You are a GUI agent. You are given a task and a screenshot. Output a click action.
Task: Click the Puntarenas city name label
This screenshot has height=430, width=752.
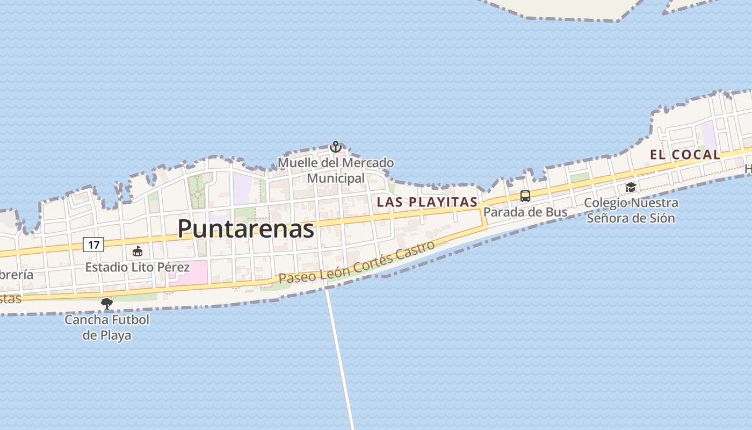[x=245, y=228]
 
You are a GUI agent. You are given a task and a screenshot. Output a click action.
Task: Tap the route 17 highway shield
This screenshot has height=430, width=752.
[x=93, y=245]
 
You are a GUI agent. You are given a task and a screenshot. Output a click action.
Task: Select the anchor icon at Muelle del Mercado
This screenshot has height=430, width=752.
[x=336, y=147]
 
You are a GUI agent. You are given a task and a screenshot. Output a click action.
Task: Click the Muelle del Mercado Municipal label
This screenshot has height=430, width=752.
[x=336, y=170]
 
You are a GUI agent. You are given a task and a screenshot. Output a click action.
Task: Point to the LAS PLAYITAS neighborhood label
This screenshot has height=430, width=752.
[x=427, y=202]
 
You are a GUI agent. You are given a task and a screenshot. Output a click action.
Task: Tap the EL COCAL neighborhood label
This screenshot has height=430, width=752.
[x=685, y=155]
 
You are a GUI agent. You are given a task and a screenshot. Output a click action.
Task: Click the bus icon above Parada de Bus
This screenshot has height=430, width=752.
[x=525, y=196]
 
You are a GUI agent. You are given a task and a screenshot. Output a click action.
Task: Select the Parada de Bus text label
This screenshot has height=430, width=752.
[x=525, y=212]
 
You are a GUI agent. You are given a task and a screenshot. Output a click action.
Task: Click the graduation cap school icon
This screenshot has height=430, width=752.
[x=631, y=187]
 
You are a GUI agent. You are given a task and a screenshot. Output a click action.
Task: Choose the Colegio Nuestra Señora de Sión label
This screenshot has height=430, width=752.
[x=631, y=210]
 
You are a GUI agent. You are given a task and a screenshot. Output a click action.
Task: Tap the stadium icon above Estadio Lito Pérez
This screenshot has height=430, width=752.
[x=138, y=251]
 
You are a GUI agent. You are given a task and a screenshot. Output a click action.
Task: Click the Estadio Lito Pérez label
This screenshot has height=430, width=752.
[x=138, y=267]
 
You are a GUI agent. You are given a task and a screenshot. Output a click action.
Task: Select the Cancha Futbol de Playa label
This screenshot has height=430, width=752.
[x=107, y=327]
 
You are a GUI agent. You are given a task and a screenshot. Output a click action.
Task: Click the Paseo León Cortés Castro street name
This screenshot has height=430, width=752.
[x=357, y=263]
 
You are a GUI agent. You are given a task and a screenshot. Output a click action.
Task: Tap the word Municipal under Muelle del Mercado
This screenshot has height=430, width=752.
[x=336, y=178]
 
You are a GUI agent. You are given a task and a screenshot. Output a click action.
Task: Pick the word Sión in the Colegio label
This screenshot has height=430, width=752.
[x=662, y=218]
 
